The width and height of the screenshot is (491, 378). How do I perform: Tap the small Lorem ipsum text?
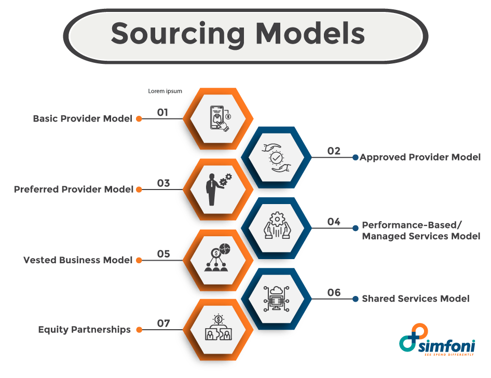(x=165, y=91)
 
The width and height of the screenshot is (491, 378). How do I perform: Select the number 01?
(x=163, y=112)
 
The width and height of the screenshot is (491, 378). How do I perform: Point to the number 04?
(x=334, y=222)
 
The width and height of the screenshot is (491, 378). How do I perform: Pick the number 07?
(x=163, y=323)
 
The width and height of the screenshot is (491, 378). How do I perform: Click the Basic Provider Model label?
(x=83, y=118)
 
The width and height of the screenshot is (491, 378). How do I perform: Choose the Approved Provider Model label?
(x=420, y=157)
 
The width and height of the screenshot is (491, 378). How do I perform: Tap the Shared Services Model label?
(x=416, y=299)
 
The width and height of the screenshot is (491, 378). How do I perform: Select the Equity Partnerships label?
(x=85, y=330)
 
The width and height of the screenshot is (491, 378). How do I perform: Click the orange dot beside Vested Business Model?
(x=139, y=260)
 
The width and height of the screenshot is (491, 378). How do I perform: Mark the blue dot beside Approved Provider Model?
(x=356, y=157)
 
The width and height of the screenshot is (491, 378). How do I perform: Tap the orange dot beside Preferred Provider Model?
(x=139, y=190)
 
